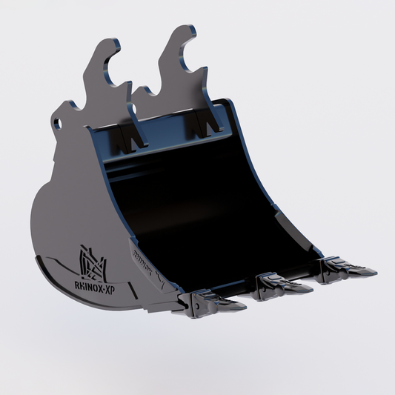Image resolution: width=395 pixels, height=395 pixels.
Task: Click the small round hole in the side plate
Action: (x=57, y=124)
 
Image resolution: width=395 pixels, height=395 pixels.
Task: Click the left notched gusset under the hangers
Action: (x=127, y=136)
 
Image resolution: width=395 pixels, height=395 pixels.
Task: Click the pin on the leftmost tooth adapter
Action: (x=196, y=305)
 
